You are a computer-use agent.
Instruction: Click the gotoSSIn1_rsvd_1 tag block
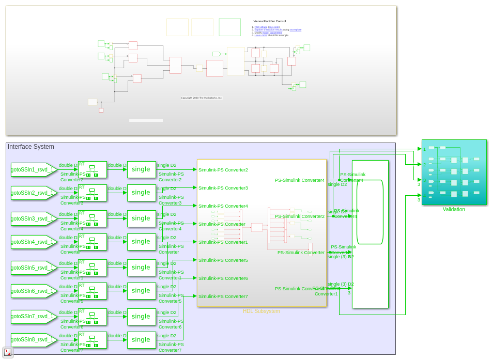point(33,169)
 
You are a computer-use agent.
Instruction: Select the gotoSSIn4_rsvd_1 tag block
point(33,242)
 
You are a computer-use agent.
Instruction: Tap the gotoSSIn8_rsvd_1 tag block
point(33,340)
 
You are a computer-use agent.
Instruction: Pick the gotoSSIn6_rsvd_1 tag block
point(33,291)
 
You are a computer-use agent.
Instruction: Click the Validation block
point(454,172)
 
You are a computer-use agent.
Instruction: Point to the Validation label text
point(454,210)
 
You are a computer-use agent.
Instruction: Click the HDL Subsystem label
point(261,311)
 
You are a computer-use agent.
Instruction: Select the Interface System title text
point(30,147)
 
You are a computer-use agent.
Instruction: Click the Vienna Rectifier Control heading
point(269,21)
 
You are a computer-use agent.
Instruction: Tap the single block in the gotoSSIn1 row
point(141,169)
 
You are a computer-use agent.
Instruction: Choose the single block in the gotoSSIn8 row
point(141,340)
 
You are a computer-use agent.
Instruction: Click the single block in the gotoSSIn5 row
point(141,268)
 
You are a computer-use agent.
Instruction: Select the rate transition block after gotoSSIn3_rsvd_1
point(92,218)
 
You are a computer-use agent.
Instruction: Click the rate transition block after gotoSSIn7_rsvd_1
point(92,317)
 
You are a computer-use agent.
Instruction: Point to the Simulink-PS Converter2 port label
point(223,170)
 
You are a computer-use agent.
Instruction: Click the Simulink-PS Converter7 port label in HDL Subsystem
point(223,296)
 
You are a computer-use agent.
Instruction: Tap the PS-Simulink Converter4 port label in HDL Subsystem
point(300,180)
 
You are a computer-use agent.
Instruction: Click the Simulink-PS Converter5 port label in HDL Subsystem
point(223,260)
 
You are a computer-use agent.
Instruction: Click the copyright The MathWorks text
point(202,98)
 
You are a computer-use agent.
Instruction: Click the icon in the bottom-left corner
point(8,352)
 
